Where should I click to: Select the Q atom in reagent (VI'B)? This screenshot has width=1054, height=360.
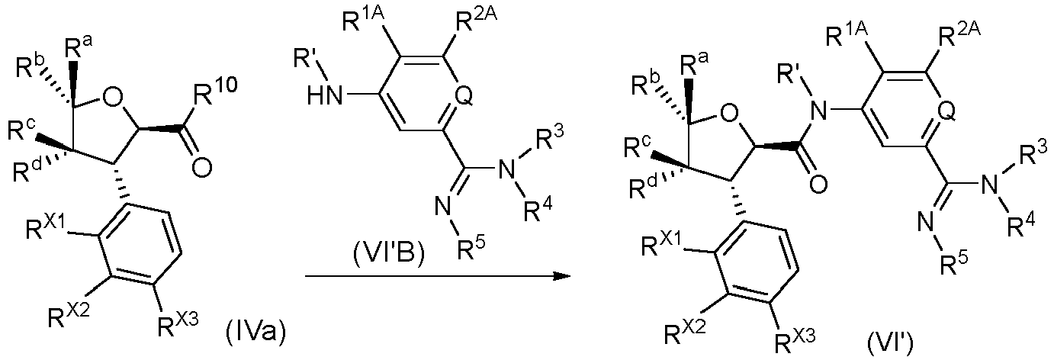[461, 99]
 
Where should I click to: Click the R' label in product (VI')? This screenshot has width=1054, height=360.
[789, 74]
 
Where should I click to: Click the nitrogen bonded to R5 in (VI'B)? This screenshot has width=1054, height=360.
[441, 207]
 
